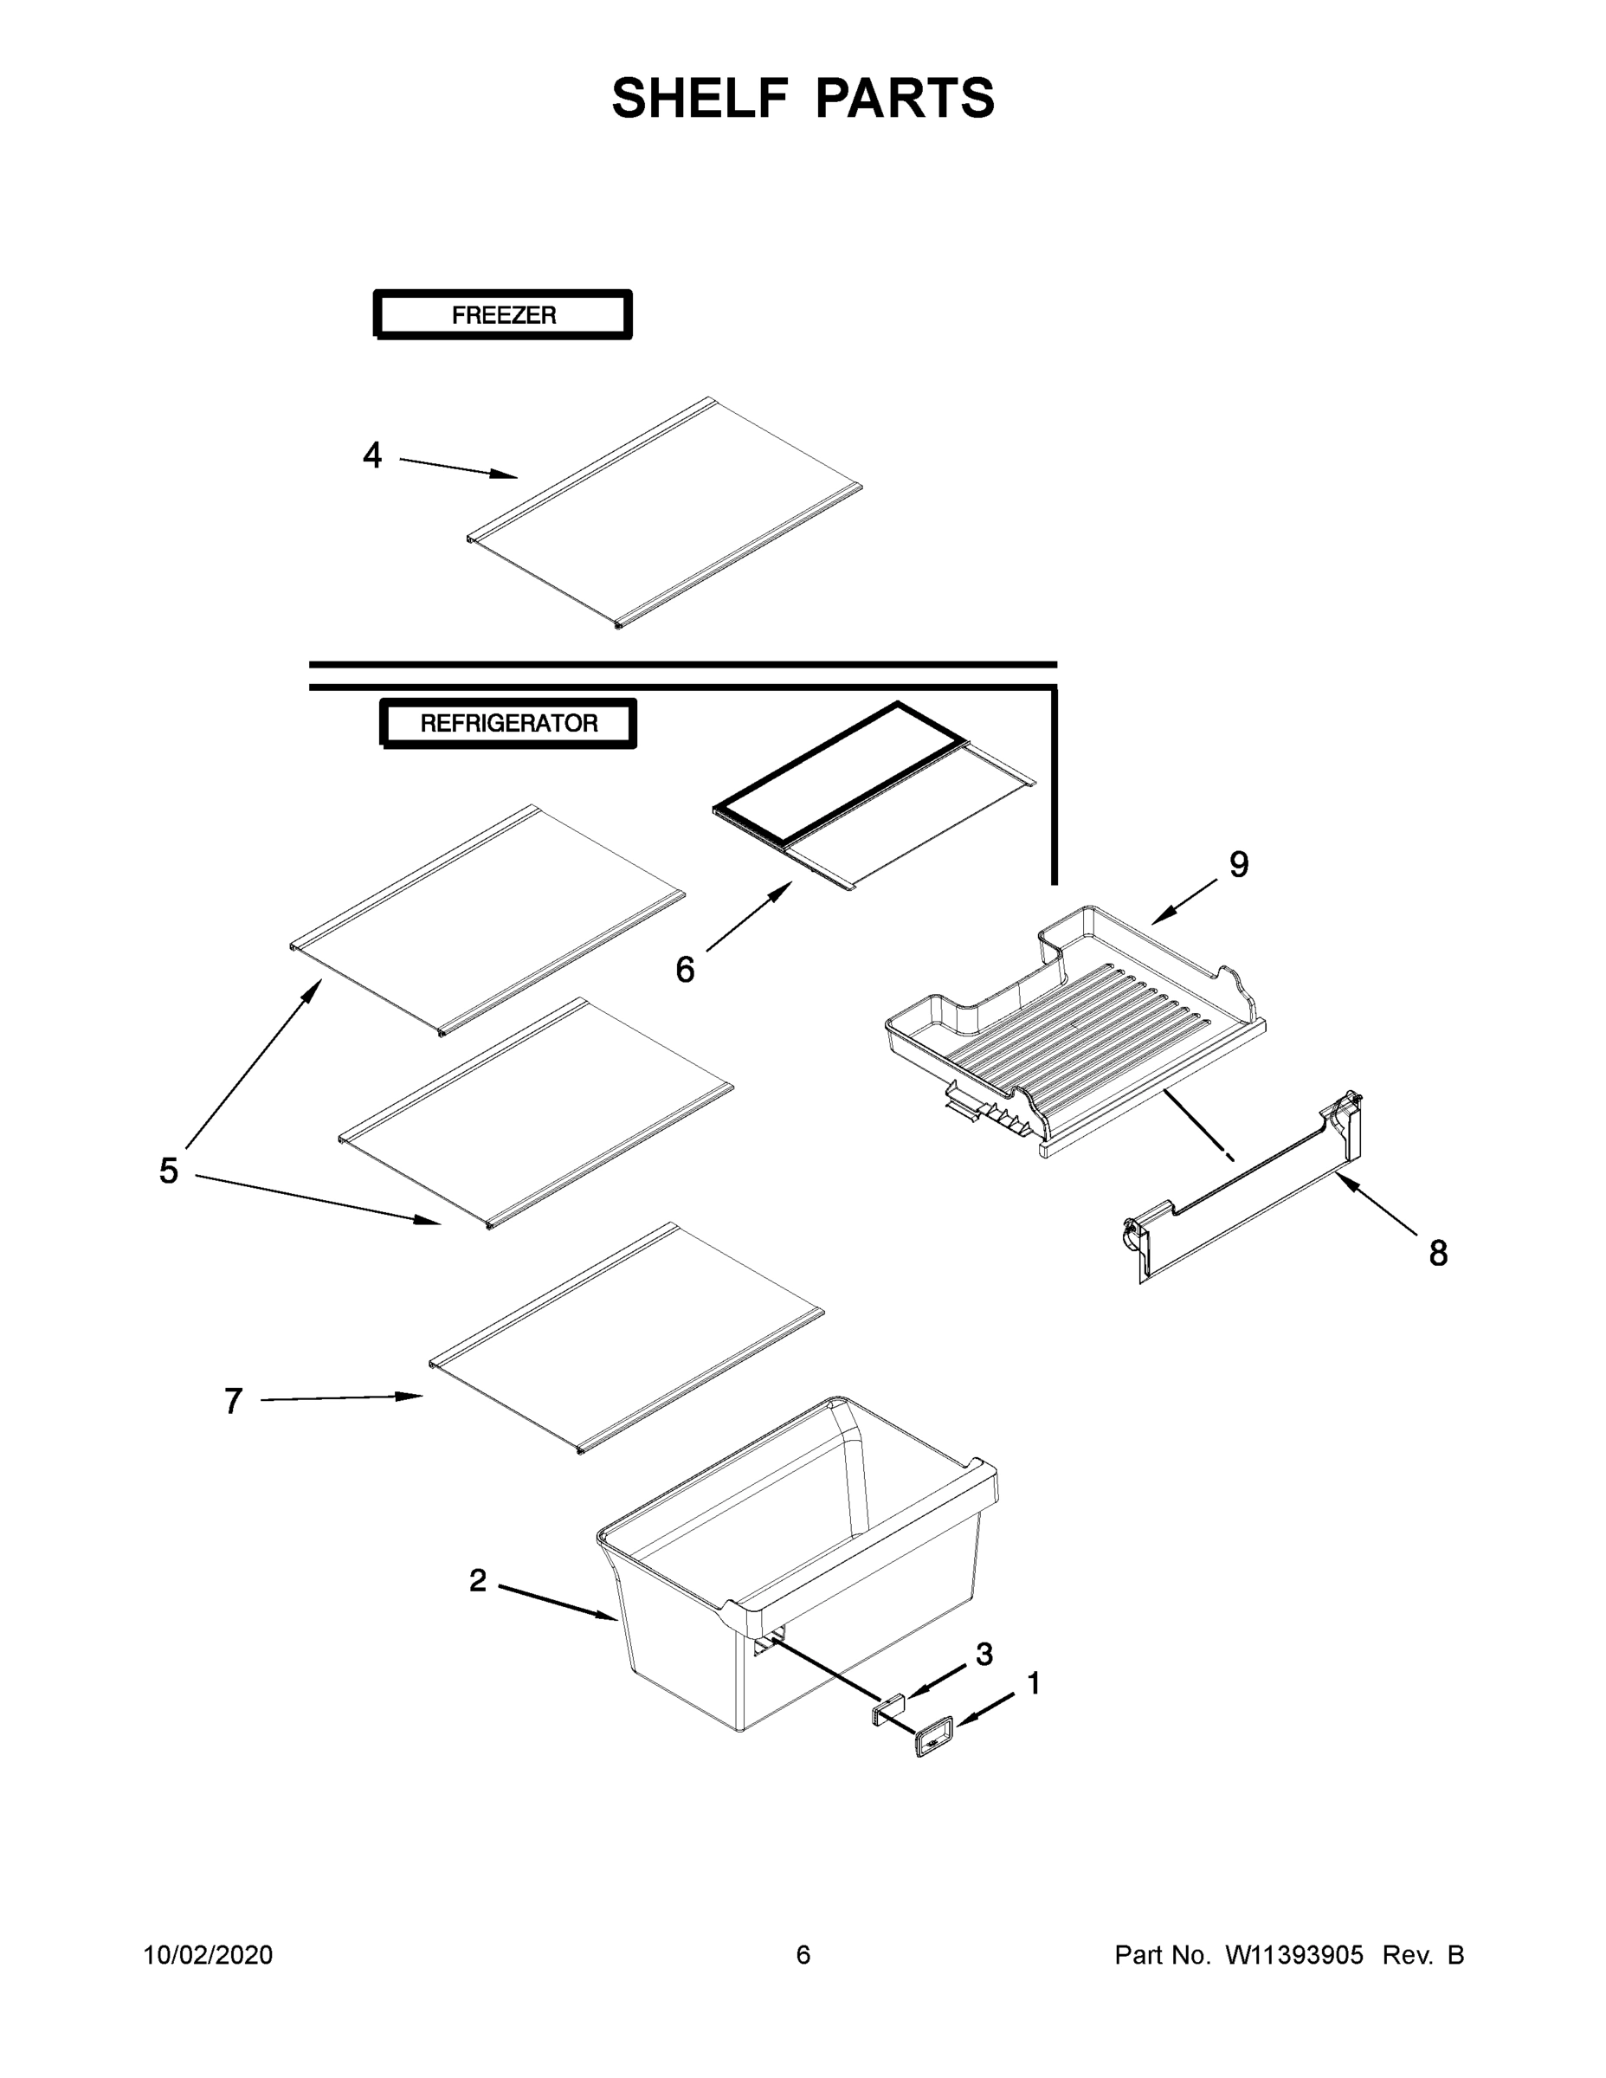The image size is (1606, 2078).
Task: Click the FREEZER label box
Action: coord(502,315)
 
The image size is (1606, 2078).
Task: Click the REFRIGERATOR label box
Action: coord(508,724)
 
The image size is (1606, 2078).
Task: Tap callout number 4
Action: coord(372,455)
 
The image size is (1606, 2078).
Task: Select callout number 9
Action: coord(1239,865)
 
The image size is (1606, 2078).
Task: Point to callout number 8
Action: coord(1437,1254)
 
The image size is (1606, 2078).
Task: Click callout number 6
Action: coord(685,970)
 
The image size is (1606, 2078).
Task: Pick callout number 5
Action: coord(169,1171)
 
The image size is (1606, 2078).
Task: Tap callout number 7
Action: coord(233,1402)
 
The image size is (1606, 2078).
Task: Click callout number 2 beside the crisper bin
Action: coord(478,1581)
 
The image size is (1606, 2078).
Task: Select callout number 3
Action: coord(984,1655)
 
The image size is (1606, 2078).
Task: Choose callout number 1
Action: coord(1033,1684)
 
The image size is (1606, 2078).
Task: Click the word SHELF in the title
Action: coord(700,98)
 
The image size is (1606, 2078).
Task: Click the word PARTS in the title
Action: coord(905,98)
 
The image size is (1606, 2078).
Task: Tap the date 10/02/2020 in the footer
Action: coord(208,1955)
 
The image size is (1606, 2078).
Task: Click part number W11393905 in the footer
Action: coord(1294,1955)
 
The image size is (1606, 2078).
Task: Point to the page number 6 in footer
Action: coord(803,1955)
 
